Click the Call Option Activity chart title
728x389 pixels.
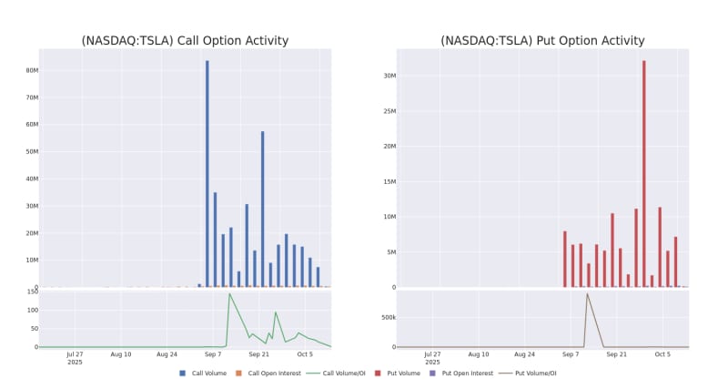(x=185, y=41)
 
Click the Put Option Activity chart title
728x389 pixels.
(x=542, y=41)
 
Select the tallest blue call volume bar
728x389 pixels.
(x=207, y=173)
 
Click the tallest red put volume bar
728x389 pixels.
(x=643, y=173)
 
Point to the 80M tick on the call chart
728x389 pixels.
(x=32, y=70)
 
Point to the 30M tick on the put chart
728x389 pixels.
(x=389, y=76)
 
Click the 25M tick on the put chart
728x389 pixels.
(x=389, y=111)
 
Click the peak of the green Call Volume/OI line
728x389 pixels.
(x=229, y=293)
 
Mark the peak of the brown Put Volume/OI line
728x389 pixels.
(x=587, y=293)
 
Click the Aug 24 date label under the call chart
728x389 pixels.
(x=167, y=354)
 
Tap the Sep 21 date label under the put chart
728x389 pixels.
(x=616, y=354)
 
